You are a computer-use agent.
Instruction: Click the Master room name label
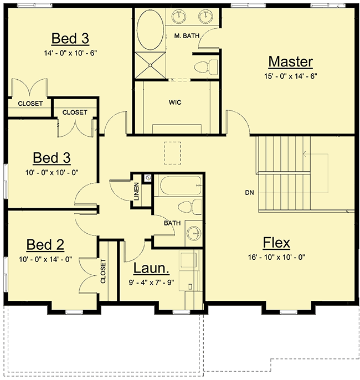[x=290, y=61]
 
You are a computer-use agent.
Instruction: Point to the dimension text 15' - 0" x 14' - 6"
[x=290, y=76]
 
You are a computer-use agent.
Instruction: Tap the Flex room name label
[x=276, y=242]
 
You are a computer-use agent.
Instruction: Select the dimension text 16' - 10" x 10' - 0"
[x=276, y=258]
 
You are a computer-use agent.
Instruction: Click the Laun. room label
[x=152, y=269]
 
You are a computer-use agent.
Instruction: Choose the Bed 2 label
[x=45, y=244]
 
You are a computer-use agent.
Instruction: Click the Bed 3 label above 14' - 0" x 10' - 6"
[x=70, y=38]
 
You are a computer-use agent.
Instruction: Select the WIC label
[x=175, y=102]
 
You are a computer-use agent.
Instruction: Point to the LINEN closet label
[x=136, y=192]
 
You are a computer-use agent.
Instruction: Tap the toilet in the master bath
[x=202, y=67]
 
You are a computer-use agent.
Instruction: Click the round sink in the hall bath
[x=193, y=233]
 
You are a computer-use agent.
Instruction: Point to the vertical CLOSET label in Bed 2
[x=103, y=271]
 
